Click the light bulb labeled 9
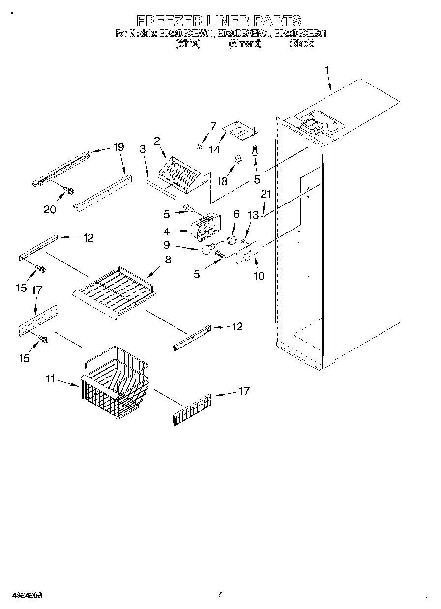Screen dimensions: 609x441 (208, 250)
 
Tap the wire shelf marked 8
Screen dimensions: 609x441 (115, 290)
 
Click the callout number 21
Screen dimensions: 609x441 (266, 194)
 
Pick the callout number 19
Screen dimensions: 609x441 (118, 146)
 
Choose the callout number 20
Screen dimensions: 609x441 (50, 209)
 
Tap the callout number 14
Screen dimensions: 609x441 (215, 150)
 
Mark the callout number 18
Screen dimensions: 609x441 (223, 181)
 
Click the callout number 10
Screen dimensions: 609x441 (258, 276)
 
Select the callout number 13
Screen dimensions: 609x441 (253, 215)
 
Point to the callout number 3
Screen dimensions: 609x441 (143, 150)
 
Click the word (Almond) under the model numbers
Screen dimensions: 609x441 (244, 44)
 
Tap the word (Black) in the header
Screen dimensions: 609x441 (301, 44)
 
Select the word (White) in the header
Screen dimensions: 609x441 (187, 44)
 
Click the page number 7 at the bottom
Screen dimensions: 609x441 (220, 594)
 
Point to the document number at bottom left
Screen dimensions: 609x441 (22, 595)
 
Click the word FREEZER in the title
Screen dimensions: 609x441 (169, 21)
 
